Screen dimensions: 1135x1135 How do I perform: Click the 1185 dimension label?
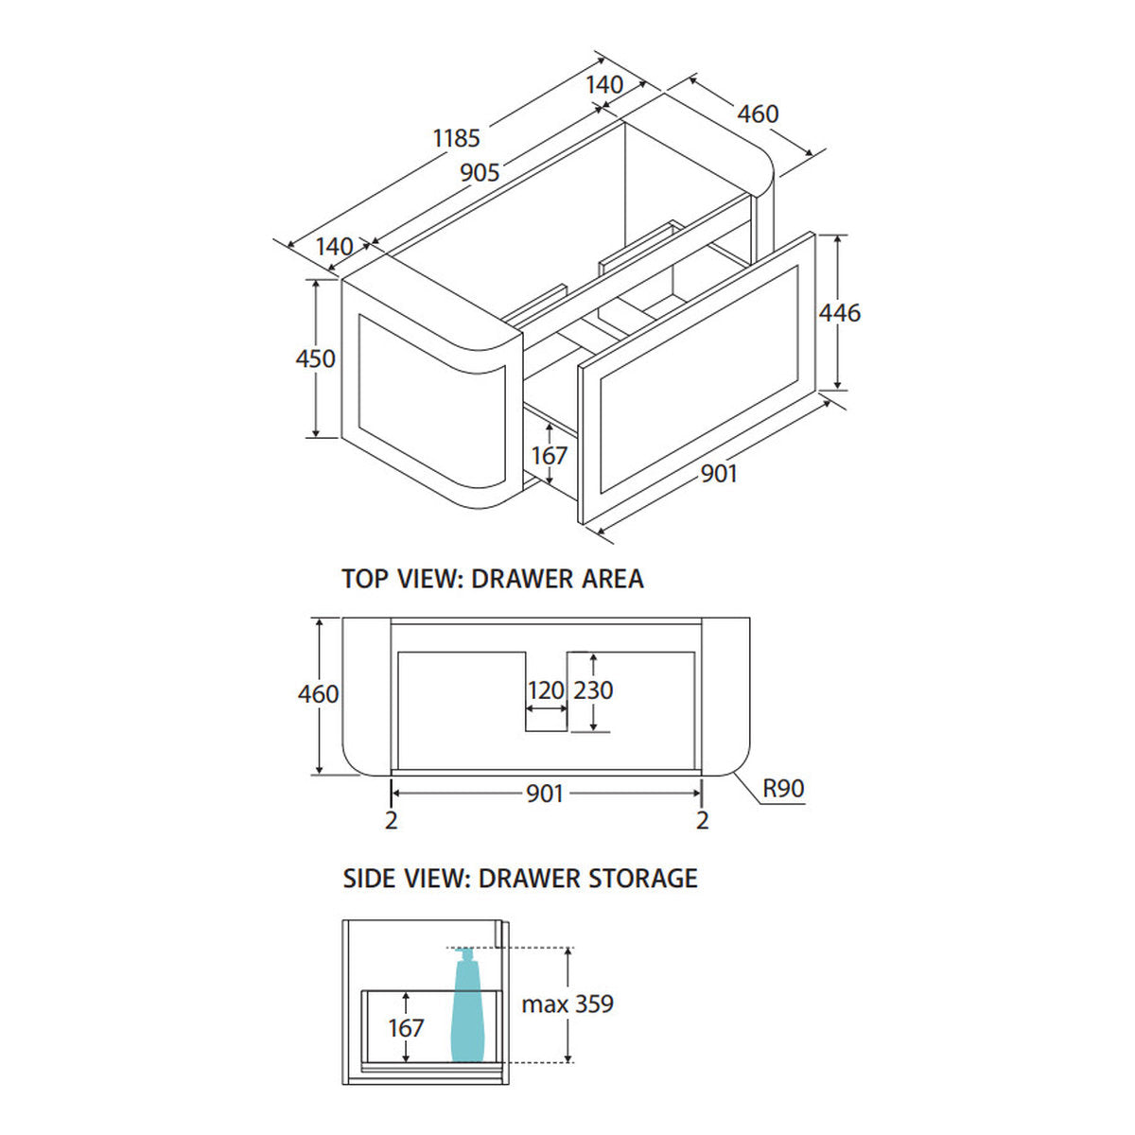point(457,138)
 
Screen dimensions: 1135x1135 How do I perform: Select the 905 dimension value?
point(480,172)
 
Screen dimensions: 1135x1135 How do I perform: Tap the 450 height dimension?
point(315,358)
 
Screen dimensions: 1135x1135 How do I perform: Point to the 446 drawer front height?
point(840,312)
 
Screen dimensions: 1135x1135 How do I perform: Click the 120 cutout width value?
point(546,690)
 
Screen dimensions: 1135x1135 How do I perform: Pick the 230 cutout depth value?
point(594,690)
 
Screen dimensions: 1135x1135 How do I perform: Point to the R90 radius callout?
point(783,788)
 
